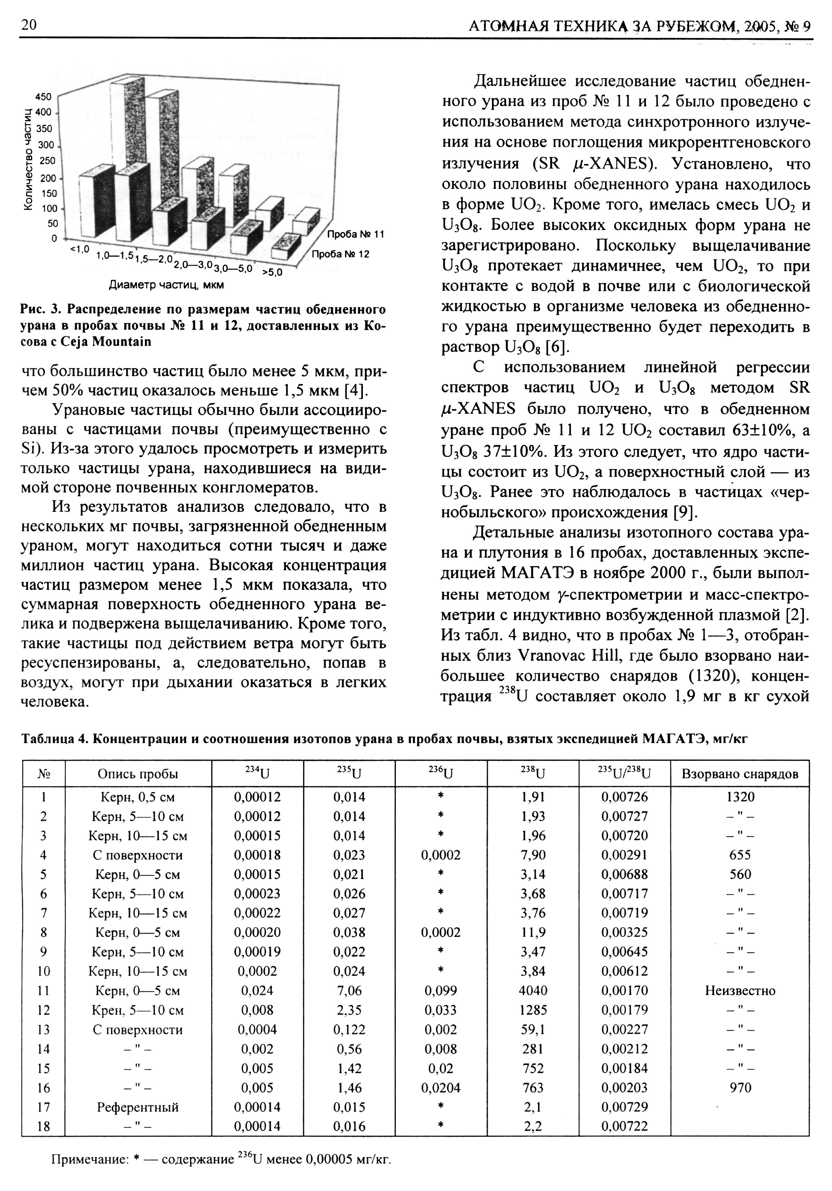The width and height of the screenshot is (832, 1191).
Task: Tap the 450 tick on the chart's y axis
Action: point(44,97)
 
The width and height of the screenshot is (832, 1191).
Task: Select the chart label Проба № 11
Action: point(355,234)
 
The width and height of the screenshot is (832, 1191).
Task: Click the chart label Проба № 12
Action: point(340,254)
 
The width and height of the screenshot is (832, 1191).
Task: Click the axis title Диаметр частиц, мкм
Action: point(166,285)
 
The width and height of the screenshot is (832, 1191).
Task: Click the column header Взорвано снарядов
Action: point(740,774)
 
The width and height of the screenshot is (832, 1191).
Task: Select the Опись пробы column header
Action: point(138,774)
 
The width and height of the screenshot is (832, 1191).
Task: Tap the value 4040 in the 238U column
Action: point(533,991)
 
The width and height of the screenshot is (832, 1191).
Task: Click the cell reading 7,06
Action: point(349,991)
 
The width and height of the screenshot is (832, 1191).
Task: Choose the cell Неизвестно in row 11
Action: point(740,991)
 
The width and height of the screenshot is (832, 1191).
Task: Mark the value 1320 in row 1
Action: point(740,797)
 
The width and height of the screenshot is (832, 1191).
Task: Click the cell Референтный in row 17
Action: point(138,1107)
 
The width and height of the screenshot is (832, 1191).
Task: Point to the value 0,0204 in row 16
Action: point(441,1088)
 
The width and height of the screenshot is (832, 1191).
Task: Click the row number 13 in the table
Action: point(44,1030)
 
